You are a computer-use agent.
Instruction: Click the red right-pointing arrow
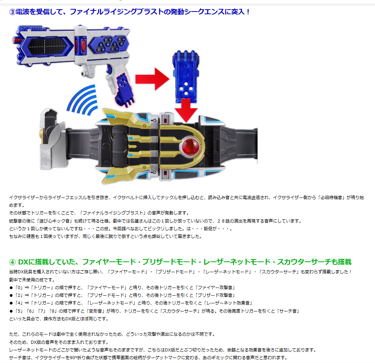[x=152, y=79]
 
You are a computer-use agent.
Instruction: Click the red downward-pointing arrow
[x=186, y=110]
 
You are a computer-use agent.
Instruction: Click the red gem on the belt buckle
[x=190, y=146]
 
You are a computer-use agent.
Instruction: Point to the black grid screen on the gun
[x=47, y=46]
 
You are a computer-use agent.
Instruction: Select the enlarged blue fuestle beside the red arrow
[x=186, y=77]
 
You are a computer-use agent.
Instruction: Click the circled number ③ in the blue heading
[x=12, y=12]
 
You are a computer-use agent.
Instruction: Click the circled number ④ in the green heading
[x=12, y=262]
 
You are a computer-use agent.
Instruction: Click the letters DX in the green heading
[x=23, y=262]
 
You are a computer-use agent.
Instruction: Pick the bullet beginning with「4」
[x=131, y=303]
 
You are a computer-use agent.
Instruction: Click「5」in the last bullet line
[x=19, y=311]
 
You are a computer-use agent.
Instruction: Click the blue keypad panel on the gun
[x=109, y=44]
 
